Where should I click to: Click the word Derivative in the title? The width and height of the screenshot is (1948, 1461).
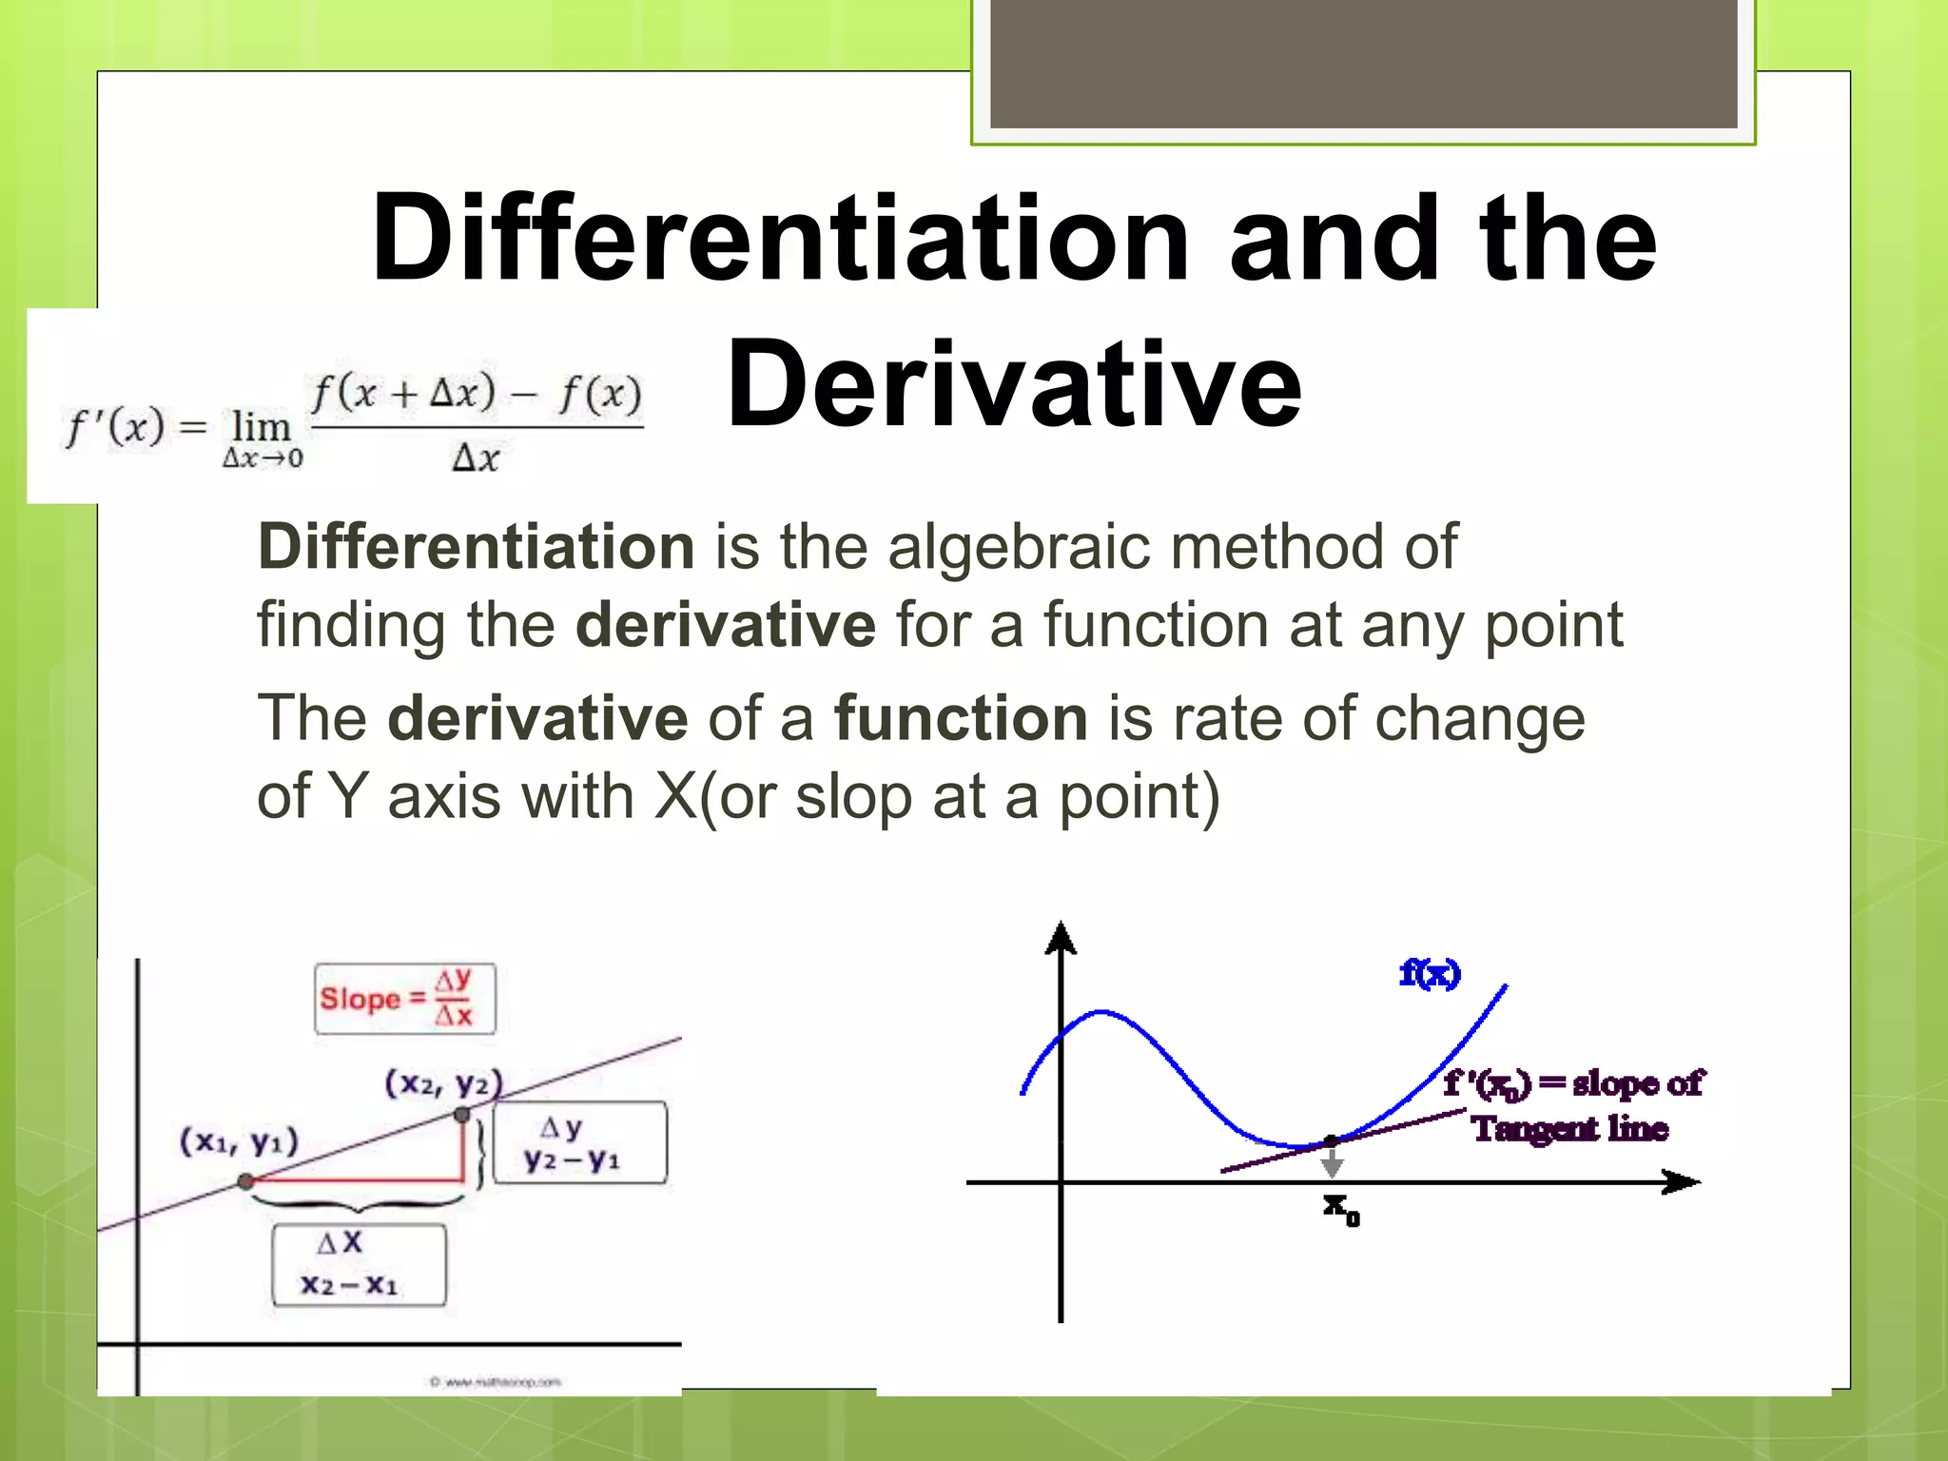(1014, 385)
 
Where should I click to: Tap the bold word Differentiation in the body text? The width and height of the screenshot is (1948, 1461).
(477, 547)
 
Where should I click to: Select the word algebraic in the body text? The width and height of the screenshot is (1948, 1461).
(1019, 547)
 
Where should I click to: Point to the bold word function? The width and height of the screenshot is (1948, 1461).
(961, 718)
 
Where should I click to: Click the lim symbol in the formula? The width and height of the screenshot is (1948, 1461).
(262, 428)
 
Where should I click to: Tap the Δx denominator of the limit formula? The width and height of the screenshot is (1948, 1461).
(476, 458)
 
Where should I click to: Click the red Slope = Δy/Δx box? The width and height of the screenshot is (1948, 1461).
(405, 999)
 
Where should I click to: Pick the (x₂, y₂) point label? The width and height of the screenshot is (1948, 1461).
(443, 1083)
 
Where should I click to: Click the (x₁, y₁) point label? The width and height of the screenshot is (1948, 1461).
(239, 1140)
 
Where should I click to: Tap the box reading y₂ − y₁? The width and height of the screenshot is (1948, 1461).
(580, 1143)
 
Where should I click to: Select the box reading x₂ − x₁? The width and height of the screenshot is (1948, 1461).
(359, 1265)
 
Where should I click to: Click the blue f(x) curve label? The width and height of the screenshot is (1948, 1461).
(1430, 974)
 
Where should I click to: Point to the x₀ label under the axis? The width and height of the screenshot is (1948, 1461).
(1341, 1209)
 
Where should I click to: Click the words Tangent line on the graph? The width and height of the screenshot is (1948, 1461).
(1569, 1129)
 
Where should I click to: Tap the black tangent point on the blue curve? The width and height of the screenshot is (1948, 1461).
(1332, 1140)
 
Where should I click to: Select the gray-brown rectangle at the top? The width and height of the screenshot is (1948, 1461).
(1363, 64)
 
